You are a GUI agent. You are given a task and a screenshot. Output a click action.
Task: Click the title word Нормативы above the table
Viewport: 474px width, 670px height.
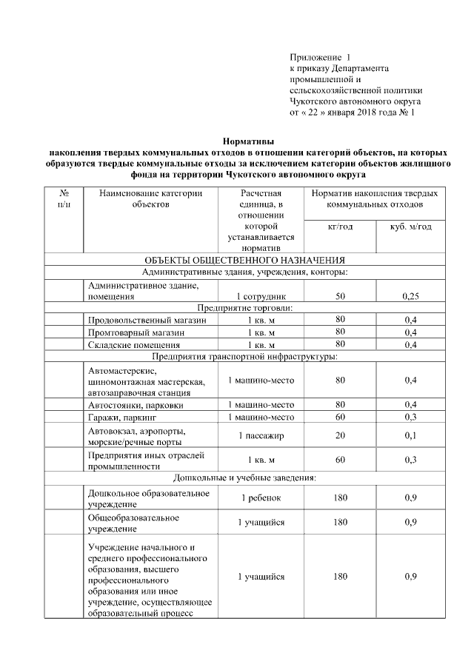248,140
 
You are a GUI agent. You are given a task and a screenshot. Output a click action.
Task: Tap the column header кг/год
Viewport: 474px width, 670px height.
340,226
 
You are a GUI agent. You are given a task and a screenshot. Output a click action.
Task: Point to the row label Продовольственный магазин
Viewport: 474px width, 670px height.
143,321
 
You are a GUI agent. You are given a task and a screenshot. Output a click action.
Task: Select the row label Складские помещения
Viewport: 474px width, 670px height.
134,344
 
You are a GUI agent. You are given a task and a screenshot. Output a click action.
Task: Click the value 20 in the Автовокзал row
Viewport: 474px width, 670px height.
340,435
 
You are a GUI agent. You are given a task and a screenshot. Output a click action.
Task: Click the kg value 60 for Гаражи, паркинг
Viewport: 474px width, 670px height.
340,417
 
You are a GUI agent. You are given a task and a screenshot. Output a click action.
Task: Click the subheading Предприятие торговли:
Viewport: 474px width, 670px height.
244,308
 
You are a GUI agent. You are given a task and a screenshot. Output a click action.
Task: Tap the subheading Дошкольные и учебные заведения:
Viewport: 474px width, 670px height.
244,478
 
